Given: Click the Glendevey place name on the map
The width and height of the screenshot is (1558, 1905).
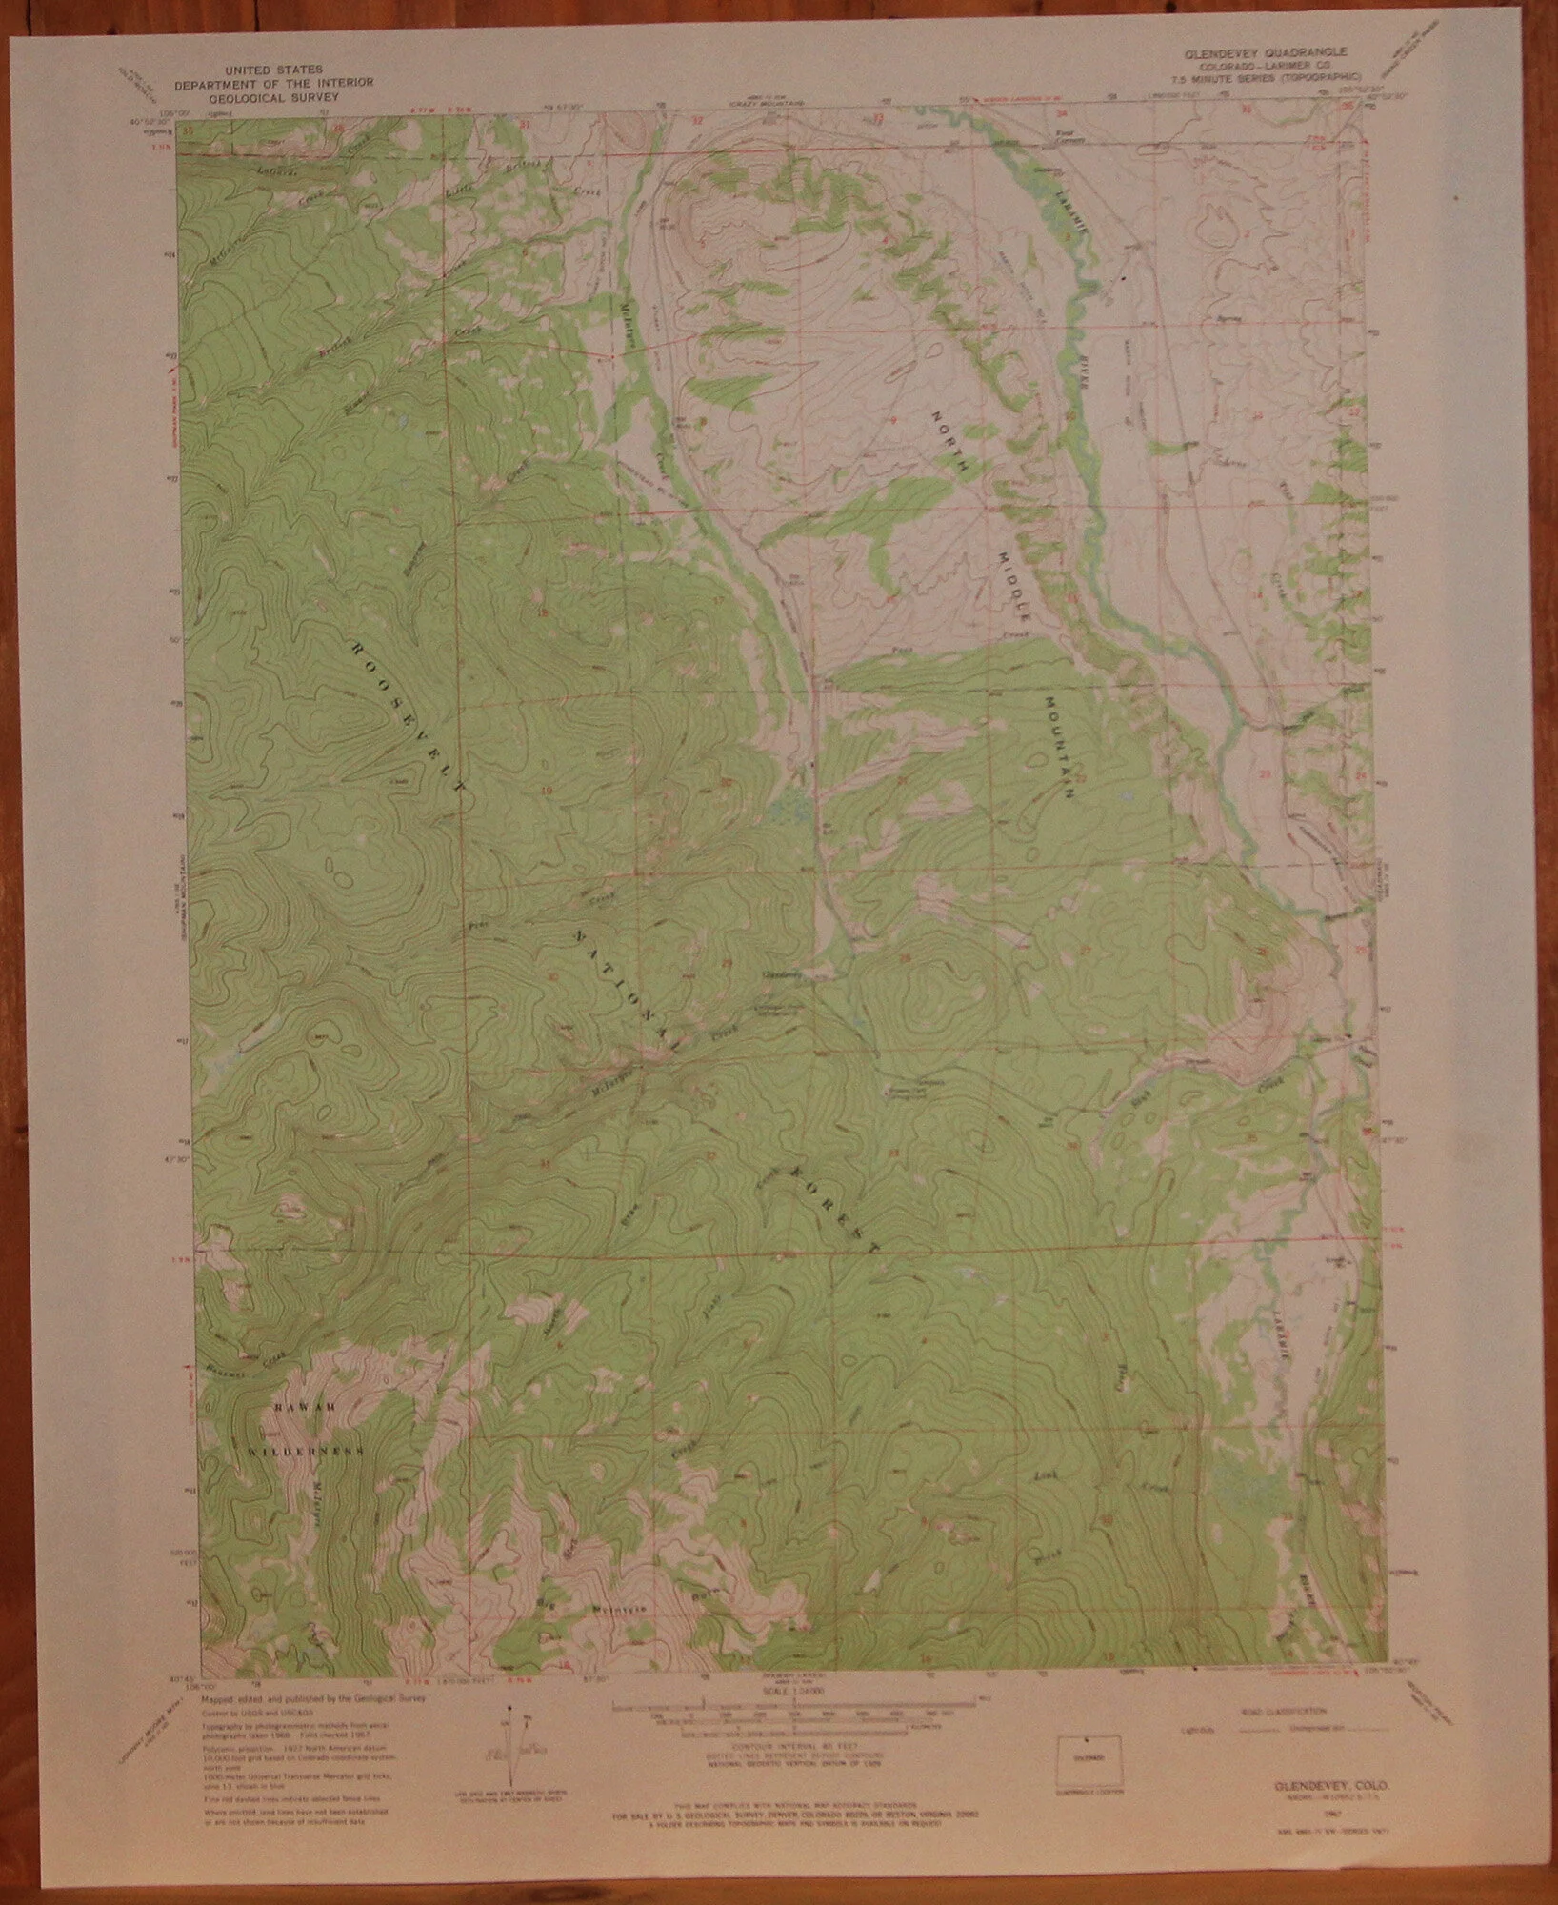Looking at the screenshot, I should pos(777,973).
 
